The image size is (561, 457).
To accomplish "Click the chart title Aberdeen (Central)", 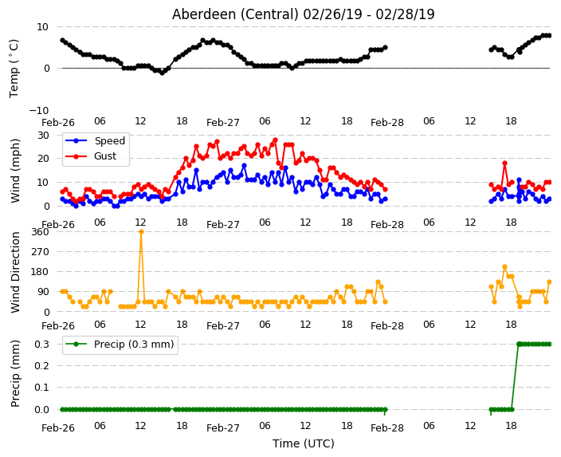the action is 235,14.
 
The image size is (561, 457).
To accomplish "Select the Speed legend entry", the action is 95,140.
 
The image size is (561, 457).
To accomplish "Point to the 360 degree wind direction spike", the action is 141,232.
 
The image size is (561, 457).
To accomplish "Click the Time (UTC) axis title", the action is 304,443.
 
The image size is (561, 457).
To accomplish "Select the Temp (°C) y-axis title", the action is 14,69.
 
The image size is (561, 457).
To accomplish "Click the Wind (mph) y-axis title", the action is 14,171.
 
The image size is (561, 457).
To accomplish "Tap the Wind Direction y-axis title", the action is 14,272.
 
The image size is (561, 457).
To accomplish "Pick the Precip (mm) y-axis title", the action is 14,373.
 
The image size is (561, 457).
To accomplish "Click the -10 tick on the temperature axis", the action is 38,110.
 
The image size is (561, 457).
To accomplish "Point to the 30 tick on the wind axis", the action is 43,136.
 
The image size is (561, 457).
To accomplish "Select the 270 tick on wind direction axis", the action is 40,252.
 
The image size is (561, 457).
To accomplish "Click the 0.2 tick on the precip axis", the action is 42,365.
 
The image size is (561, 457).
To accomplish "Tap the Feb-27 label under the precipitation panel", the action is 223,428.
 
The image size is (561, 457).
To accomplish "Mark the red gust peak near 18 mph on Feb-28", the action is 505,163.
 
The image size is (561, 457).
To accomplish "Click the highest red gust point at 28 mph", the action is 275,140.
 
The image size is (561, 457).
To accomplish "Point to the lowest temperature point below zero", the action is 162,73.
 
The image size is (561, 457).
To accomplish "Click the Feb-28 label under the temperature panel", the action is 387,123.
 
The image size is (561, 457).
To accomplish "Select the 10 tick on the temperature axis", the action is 42,27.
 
